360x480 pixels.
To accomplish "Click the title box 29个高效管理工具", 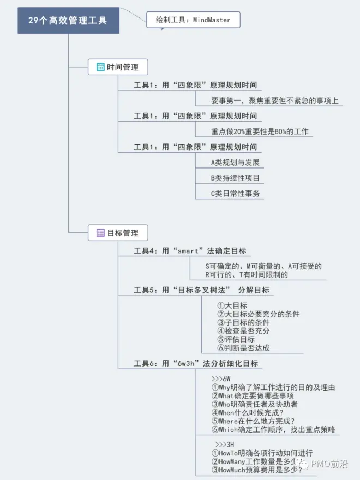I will (68, 21).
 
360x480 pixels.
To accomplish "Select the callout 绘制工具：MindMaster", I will (193, 20).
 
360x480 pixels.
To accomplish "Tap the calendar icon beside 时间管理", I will (100, 68).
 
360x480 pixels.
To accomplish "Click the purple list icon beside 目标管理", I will (100, 233).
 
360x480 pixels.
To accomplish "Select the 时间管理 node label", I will (123, 68).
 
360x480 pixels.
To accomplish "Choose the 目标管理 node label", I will (123, 233).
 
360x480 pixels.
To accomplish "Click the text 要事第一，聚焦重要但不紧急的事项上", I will (274, 100).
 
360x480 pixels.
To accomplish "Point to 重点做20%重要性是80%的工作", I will (260, 131).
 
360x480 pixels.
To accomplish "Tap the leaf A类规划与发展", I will (235, 163).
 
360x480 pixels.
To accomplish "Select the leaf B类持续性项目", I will (235, 178).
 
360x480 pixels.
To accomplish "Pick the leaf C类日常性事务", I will (235, 193).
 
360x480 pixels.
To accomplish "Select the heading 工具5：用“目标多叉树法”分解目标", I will (201, 290).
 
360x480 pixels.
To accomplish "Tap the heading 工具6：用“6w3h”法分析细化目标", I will (196, 363).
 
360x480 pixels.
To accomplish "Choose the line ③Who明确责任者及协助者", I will (254, 404).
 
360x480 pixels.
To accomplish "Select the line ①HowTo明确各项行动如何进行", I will (262, 453).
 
